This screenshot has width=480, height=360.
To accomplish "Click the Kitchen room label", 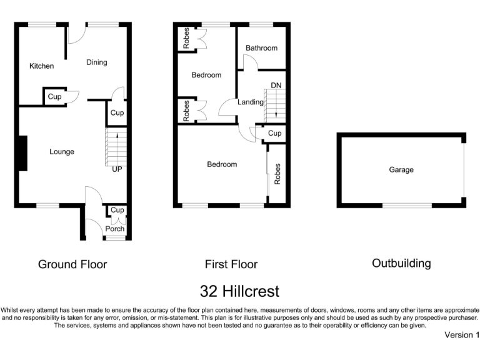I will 42,66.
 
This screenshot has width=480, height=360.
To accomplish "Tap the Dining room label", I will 96,62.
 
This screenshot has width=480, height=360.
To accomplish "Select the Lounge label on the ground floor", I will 62,152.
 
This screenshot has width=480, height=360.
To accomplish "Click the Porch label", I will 115,229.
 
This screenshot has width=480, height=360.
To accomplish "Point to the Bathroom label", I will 261,48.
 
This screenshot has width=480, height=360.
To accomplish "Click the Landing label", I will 251,102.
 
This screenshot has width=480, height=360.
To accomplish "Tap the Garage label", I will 401,169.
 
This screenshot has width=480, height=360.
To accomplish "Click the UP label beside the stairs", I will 117,169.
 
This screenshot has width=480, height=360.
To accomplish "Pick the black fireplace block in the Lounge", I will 22,153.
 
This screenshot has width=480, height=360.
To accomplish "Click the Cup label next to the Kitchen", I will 54,97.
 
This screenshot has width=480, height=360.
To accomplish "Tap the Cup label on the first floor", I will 274,134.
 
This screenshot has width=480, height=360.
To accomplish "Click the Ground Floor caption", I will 72,264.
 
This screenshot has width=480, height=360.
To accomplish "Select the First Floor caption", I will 231,264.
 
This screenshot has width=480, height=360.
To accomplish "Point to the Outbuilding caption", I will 401,263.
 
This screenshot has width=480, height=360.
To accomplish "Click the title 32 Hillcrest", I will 239,291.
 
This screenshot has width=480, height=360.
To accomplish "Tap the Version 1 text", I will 461,335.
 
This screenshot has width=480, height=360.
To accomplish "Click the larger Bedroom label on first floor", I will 222,164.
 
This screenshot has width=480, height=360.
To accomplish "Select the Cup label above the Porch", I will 117,211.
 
